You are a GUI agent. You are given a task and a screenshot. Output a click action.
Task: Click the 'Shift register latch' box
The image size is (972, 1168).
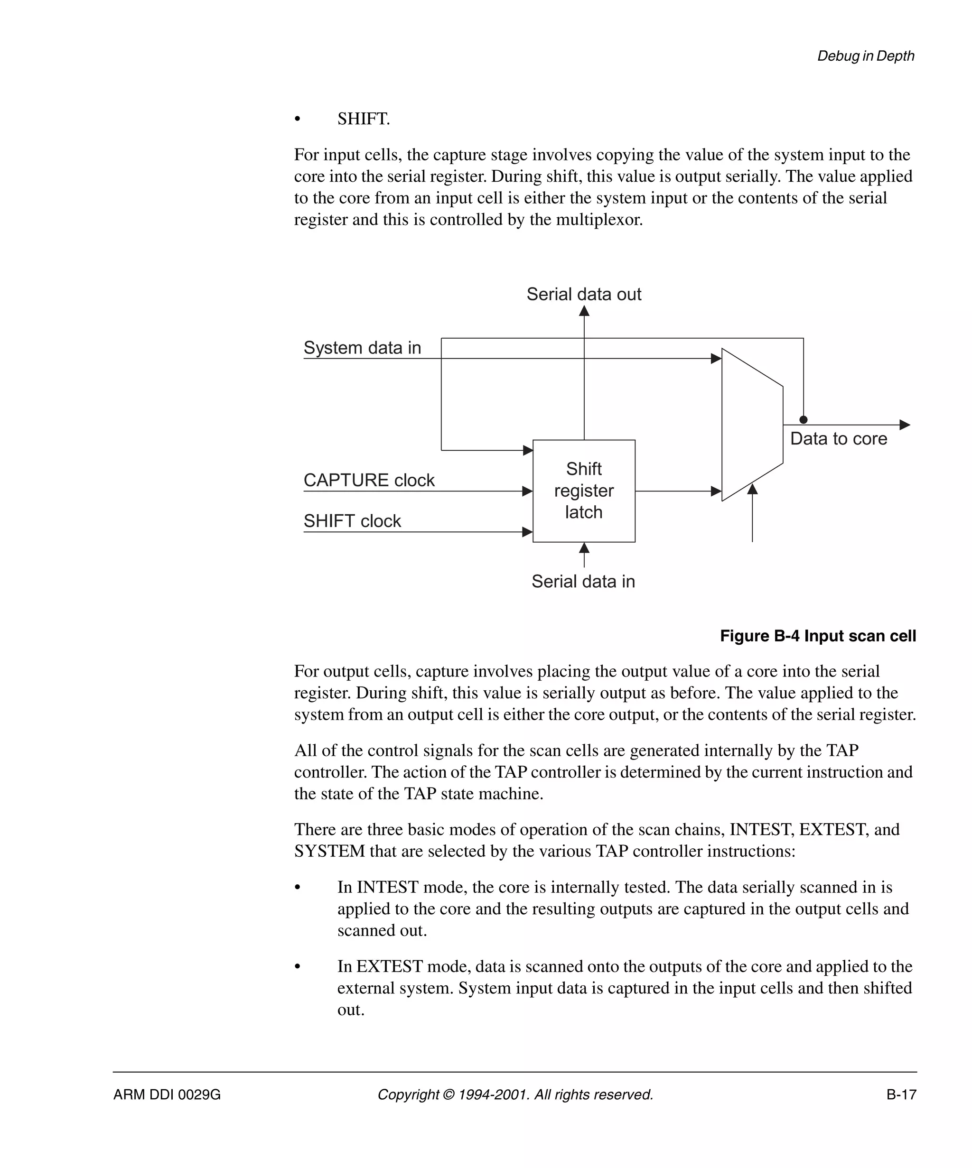[584, 491]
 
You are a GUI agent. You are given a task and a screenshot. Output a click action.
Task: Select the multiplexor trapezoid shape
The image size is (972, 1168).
[752, 425]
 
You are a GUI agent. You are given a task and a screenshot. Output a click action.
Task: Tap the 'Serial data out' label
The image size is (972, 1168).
[584, 294]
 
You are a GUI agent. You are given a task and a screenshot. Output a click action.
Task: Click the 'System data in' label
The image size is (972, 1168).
[362, 348]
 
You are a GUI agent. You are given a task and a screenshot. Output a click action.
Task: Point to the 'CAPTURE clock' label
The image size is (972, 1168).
[369, 480]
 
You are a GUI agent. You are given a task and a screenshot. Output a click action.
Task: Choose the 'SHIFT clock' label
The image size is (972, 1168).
[352, 520]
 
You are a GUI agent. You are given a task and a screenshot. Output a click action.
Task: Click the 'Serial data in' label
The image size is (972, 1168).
[583, 581]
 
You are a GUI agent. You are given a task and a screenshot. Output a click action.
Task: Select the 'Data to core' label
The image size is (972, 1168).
[839, 438]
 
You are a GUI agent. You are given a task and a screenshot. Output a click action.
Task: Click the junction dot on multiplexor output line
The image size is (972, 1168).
[803, 420]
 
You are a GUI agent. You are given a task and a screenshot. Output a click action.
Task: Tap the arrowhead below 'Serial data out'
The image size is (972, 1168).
[584, 311]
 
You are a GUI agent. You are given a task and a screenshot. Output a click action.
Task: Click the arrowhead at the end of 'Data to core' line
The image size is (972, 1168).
[905, 425]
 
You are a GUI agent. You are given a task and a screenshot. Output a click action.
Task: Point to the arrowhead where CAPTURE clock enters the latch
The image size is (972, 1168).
[527, 491]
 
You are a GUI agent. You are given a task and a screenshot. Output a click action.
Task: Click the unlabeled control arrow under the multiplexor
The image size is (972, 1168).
[752, 490]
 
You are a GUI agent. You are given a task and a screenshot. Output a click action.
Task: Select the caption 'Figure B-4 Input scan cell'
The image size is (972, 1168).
[817, 636]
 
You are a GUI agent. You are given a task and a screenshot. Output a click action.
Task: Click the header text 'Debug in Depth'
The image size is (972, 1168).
[865, 56]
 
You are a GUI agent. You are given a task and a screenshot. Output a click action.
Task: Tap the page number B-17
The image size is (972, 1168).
[901, 1094]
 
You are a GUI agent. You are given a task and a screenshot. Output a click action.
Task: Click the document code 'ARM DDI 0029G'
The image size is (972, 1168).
[167, 1094]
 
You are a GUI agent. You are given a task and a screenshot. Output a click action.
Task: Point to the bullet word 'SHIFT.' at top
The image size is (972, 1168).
[364, 119]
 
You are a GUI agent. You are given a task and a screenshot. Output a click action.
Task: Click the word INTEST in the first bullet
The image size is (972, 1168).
[384, 887]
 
